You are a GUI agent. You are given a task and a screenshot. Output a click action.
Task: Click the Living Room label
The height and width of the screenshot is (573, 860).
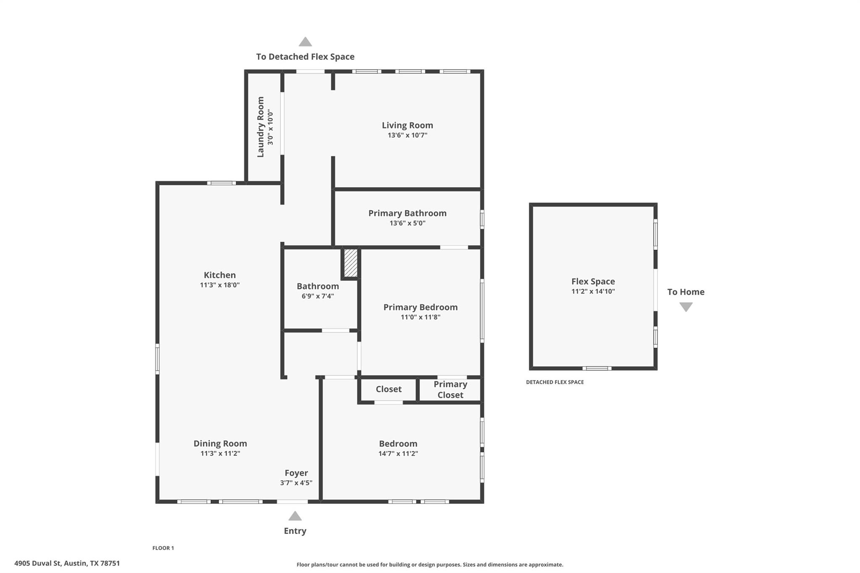click(407, 125)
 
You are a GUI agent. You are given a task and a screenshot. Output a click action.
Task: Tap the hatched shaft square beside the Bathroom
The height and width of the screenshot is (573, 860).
click(351, 263)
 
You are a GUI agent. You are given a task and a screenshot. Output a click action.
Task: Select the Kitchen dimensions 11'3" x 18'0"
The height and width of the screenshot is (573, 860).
click(220, 285)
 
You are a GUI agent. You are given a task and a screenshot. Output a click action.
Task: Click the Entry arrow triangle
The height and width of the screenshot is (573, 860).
click(295, 516)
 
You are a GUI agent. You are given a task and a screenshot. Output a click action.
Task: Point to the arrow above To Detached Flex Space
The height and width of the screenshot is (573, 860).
click(305, 42)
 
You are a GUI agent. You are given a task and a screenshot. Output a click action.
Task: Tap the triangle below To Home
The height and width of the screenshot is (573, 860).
click(686, 307)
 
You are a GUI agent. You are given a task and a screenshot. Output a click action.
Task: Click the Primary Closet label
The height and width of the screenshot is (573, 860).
click(450, 390)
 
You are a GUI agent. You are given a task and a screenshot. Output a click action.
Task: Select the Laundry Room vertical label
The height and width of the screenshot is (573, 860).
click(260, 127)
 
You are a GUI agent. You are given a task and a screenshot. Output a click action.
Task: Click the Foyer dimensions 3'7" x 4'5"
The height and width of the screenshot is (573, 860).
click(296, 483)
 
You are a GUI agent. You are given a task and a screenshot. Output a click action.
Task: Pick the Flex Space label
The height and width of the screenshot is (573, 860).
click(593, 282)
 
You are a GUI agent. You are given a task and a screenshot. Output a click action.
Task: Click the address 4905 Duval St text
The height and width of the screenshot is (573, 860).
click(67, 563)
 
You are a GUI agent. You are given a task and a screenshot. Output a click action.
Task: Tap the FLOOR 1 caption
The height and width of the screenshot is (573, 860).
click(163, 548)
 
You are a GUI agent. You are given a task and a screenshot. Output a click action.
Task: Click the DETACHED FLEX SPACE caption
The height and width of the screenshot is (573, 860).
click(555, 382)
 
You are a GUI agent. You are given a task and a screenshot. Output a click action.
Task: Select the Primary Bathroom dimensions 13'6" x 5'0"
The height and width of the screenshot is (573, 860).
click(407, 223)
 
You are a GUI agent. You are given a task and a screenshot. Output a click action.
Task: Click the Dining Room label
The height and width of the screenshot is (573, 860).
click(220, 443)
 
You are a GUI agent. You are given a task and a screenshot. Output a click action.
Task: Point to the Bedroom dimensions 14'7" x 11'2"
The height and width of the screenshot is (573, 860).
click(398, 454)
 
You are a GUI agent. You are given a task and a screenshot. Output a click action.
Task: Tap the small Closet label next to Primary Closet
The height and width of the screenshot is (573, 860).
click(388, 389)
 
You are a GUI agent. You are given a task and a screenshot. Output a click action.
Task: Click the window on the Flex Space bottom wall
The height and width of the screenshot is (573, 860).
click(597, 368)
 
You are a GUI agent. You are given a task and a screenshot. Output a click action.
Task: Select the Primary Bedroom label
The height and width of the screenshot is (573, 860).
click(420, 307)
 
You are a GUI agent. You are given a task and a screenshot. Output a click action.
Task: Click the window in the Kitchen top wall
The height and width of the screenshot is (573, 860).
click(221, 183)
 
